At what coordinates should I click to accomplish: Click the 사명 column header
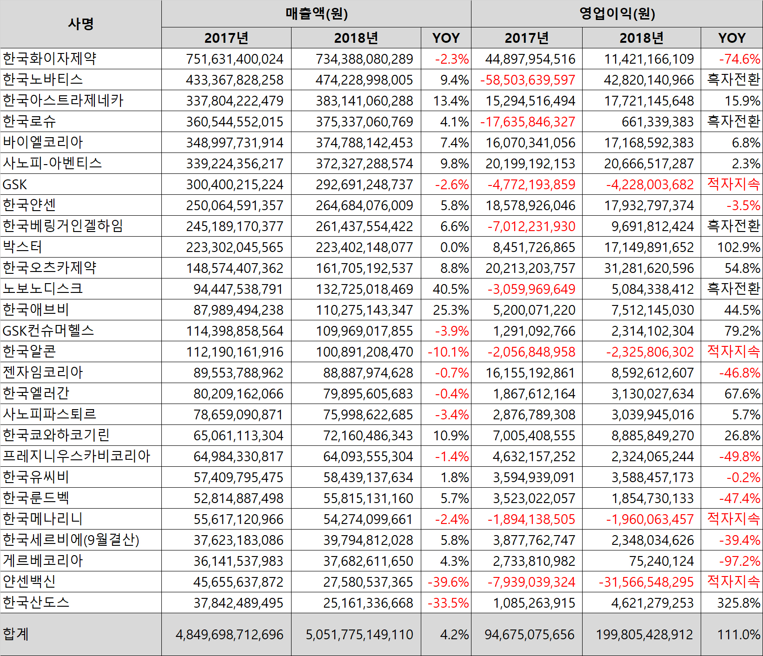[81, 24]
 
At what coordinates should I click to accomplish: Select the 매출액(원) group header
[316, 13]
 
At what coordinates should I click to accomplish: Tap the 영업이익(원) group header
[617, 13]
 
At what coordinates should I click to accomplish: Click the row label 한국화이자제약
[50, 59]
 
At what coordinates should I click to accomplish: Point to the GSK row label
[15, 185]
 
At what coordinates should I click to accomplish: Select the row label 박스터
[22, 247]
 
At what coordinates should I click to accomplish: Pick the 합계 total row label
[16, 634]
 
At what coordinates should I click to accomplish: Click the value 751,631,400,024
[235, 59]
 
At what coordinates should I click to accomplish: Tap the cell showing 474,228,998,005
[364, 80]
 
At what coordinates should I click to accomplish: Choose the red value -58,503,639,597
[528, 80]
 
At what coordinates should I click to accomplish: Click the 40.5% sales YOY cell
[451, 289]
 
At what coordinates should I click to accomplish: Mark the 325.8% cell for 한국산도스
[738, 603]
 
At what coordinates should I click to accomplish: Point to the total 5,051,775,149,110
[359, 635]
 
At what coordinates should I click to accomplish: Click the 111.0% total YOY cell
[738, 635]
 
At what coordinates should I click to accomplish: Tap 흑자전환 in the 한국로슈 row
[733, 121]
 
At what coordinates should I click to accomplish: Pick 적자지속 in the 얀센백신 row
[733, 581]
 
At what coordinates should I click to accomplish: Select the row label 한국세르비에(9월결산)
[71, 540]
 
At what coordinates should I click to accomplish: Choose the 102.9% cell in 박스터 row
[738, 247]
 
